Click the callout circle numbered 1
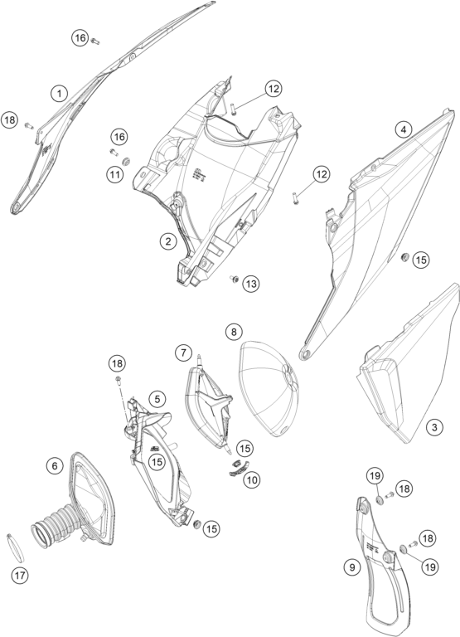coord(60,94)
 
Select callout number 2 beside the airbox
coord(167,241)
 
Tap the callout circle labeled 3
coord(434,427)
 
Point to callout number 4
coord(403,129)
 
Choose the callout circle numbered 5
coord(157,399)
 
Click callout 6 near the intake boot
coord(55,465)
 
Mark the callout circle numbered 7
coord(183,353)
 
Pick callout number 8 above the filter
coord(234,332)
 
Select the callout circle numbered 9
coord(352,566)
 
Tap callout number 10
coord(252,479)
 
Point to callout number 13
coord(251,284)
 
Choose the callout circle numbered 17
coord(20,576)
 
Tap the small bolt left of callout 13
coord(235,279)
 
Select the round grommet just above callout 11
coord(126,161)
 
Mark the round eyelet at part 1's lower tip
coord(17,208)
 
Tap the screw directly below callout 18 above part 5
coord(119,379)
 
